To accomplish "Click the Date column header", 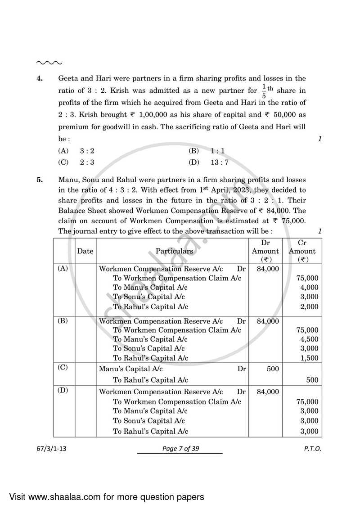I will tap(85, 251).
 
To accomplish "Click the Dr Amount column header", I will tap(265, 251).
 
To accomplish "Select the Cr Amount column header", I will tap(302, 251).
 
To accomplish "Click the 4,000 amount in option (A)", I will tap(309, 288).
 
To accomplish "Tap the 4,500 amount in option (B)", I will tap(309, 339).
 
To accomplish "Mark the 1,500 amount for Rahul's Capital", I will tap(309, 358).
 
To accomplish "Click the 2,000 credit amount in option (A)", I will tap(309, 307).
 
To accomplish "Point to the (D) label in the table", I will tap(63, 390).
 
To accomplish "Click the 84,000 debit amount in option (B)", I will tap(268, 321).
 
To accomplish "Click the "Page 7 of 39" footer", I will tap(180, 449).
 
